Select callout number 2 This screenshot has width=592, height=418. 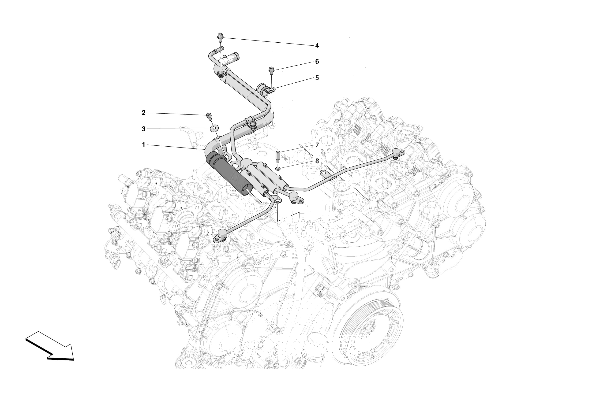coord(144,113)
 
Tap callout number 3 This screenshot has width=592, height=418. coord(144,129)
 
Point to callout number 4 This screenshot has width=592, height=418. coord(317,46)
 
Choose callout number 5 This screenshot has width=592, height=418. coord(317,78)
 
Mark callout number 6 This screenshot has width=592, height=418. coord(317,62)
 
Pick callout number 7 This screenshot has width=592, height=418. coord(317,145)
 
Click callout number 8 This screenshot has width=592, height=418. coord(317,161)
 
